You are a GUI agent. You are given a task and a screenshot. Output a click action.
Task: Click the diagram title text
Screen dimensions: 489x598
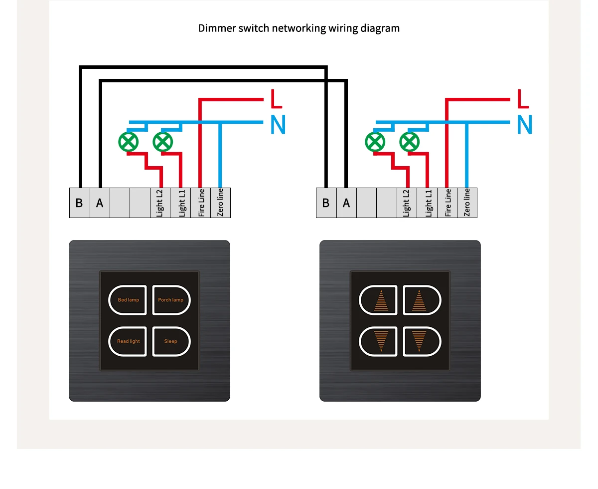pos(299,28)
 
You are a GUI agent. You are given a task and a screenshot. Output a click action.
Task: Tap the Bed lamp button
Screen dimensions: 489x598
pos(128,300)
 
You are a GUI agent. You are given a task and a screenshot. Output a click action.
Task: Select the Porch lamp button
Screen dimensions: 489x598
pos(171,300)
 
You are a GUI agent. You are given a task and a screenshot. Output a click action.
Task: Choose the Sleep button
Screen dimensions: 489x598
pos(171,341)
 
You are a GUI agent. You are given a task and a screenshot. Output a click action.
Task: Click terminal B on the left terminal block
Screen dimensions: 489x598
pos(79,203)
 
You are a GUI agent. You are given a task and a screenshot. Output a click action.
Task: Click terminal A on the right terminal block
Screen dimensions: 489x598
pos(346,203)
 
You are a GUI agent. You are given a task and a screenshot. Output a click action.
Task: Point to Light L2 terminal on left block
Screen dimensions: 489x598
pos(160,203)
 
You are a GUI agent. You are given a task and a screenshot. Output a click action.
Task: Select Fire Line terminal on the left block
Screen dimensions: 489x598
pos(201,203)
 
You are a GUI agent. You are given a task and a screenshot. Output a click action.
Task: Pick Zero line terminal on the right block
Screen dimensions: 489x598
pos(467,203)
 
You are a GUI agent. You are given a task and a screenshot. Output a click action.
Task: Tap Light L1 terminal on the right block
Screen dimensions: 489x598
pos(428,203)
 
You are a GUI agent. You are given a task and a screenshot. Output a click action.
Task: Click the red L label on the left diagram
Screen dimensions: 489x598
pos(276,99)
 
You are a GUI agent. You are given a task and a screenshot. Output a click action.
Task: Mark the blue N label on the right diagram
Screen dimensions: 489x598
pos(525,124)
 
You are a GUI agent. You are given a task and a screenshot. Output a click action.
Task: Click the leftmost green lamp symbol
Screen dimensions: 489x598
pos(129,142)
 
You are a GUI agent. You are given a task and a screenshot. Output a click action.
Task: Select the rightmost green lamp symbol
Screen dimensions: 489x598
pos(410,142)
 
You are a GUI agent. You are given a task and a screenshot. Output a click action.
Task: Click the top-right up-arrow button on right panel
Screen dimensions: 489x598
pos(421,300)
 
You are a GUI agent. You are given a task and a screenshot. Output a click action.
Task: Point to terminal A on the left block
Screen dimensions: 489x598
pos(100,203)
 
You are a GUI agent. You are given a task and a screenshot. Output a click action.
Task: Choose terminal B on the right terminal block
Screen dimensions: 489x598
pos(326,203)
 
